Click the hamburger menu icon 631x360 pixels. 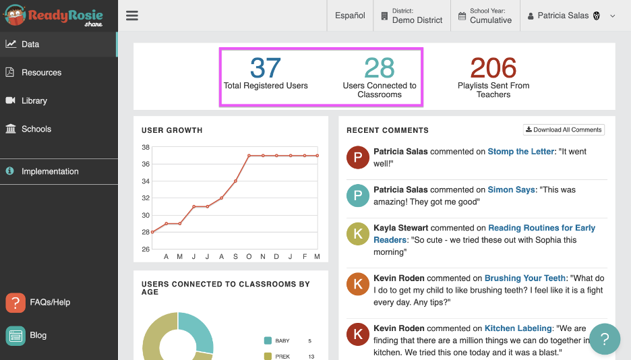[x=132, y=16]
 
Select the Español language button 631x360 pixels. [x=350, y=16]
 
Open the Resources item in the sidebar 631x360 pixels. [x=41, y=72]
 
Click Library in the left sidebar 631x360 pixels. [x=34, y=100]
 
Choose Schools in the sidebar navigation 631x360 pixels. [x=36, y=129]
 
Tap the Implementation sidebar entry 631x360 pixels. [x=50, y=171]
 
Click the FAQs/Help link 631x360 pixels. [x=49, y=302]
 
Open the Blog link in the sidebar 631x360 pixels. [x=38, y=335]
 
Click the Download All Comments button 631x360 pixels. [x=564, y=129]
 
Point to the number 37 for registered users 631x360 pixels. [x=265, y=68]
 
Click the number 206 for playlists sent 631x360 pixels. [x=493, y=68]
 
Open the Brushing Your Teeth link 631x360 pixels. [x=525, y=278]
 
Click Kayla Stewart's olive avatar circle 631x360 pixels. [x=357, y=233]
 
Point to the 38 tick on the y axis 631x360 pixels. [x=145, y=147]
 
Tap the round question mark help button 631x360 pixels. [x=605, y=338]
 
